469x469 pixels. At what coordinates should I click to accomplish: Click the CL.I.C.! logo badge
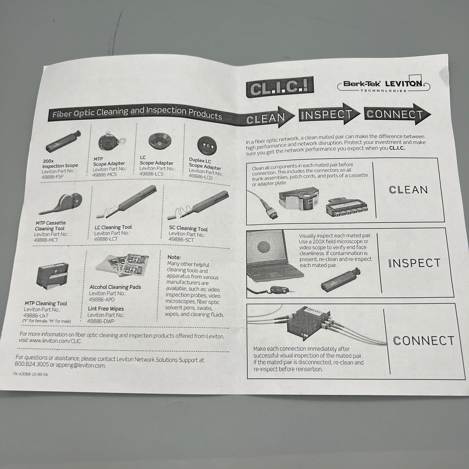pos(280,87)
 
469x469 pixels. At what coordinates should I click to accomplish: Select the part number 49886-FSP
pos(53,177)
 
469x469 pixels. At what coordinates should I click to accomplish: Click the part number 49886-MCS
pos(105,175)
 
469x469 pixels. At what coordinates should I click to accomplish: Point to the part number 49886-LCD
pos(201,177)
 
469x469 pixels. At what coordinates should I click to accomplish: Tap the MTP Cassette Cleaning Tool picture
pos(61,204)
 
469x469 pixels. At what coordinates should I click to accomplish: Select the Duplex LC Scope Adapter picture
pos(207,145)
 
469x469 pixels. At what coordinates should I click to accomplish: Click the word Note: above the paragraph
pos(174,257)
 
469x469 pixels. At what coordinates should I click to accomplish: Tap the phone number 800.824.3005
pos(31,364)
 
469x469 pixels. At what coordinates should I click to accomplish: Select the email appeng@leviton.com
pos(82,365)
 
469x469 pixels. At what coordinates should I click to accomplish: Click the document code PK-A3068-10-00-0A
pos(31,374)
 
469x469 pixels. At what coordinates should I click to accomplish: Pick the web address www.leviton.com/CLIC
pos(55,341)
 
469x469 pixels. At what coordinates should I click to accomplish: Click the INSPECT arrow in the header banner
pos(329,114)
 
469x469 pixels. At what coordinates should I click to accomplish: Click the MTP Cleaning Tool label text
pos(46,303)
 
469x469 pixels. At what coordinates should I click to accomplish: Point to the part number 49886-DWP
pos(101,321)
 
